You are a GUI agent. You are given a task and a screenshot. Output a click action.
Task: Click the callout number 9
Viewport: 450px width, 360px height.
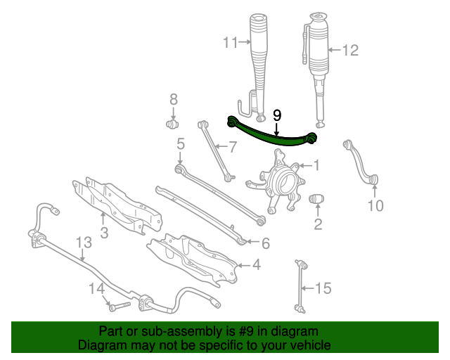tap(277, 115)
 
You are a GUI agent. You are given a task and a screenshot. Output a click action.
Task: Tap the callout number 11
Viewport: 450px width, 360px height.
tap(231, 43)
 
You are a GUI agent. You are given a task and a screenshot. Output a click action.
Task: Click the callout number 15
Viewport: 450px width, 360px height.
tap(323, 288)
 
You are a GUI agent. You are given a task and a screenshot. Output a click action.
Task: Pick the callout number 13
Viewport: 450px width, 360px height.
tap(84, 243)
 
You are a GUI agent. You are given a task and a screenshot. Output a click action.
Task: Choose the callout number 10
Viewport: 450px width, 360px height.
tap(375, 205)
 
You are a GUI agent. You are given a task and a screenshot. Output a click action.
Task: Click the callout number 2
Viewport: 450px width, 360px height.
tap(318, 224)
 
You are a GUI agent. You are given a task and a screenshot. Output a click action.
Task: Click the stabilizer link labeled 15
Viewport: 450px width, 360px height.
tap(300, 286)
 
